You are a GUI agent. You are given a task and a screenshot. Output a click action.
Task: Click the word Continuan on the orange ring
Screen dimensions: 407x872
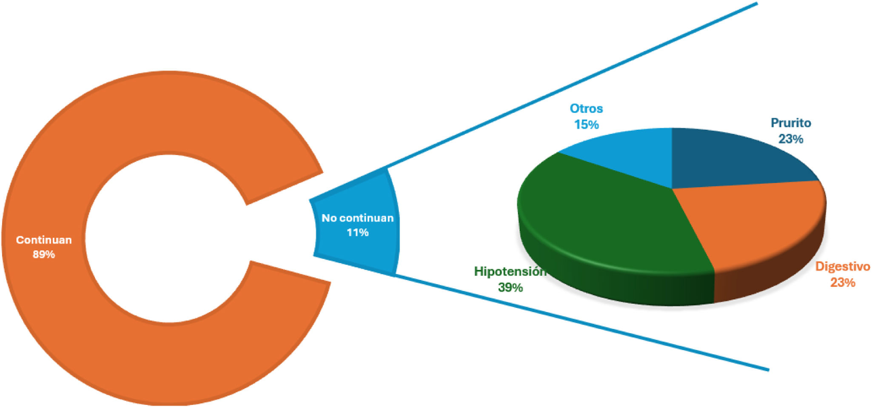44,240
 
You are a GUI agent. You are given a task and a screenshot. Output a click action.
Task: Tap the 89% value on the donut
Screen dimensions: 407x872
44,254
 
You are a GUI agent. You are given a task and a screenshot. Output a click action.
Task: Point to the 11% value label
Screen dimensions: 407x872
358,233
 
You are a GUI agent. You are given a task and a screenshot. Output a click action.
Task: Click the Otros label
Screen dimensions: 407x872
586,108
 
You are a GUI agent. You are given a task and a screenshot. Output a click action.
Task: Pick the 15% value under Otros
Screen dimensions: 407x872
586,125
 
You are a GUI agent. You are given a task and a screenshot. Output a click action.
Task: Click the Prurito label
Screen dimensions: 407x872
791,123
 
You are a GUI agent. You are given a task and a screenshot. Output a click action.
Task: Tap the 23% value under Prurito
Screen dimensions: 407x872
791,139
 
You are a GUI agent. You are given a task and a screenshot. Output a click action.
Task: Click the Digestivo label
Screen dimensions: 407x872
842,267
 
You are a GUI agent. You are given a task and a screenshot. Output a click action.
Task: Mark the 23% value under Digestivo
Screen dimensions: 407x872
842,283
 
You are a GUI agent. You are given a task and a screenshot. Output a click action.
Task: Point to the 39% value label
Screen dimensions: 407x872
510,288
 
